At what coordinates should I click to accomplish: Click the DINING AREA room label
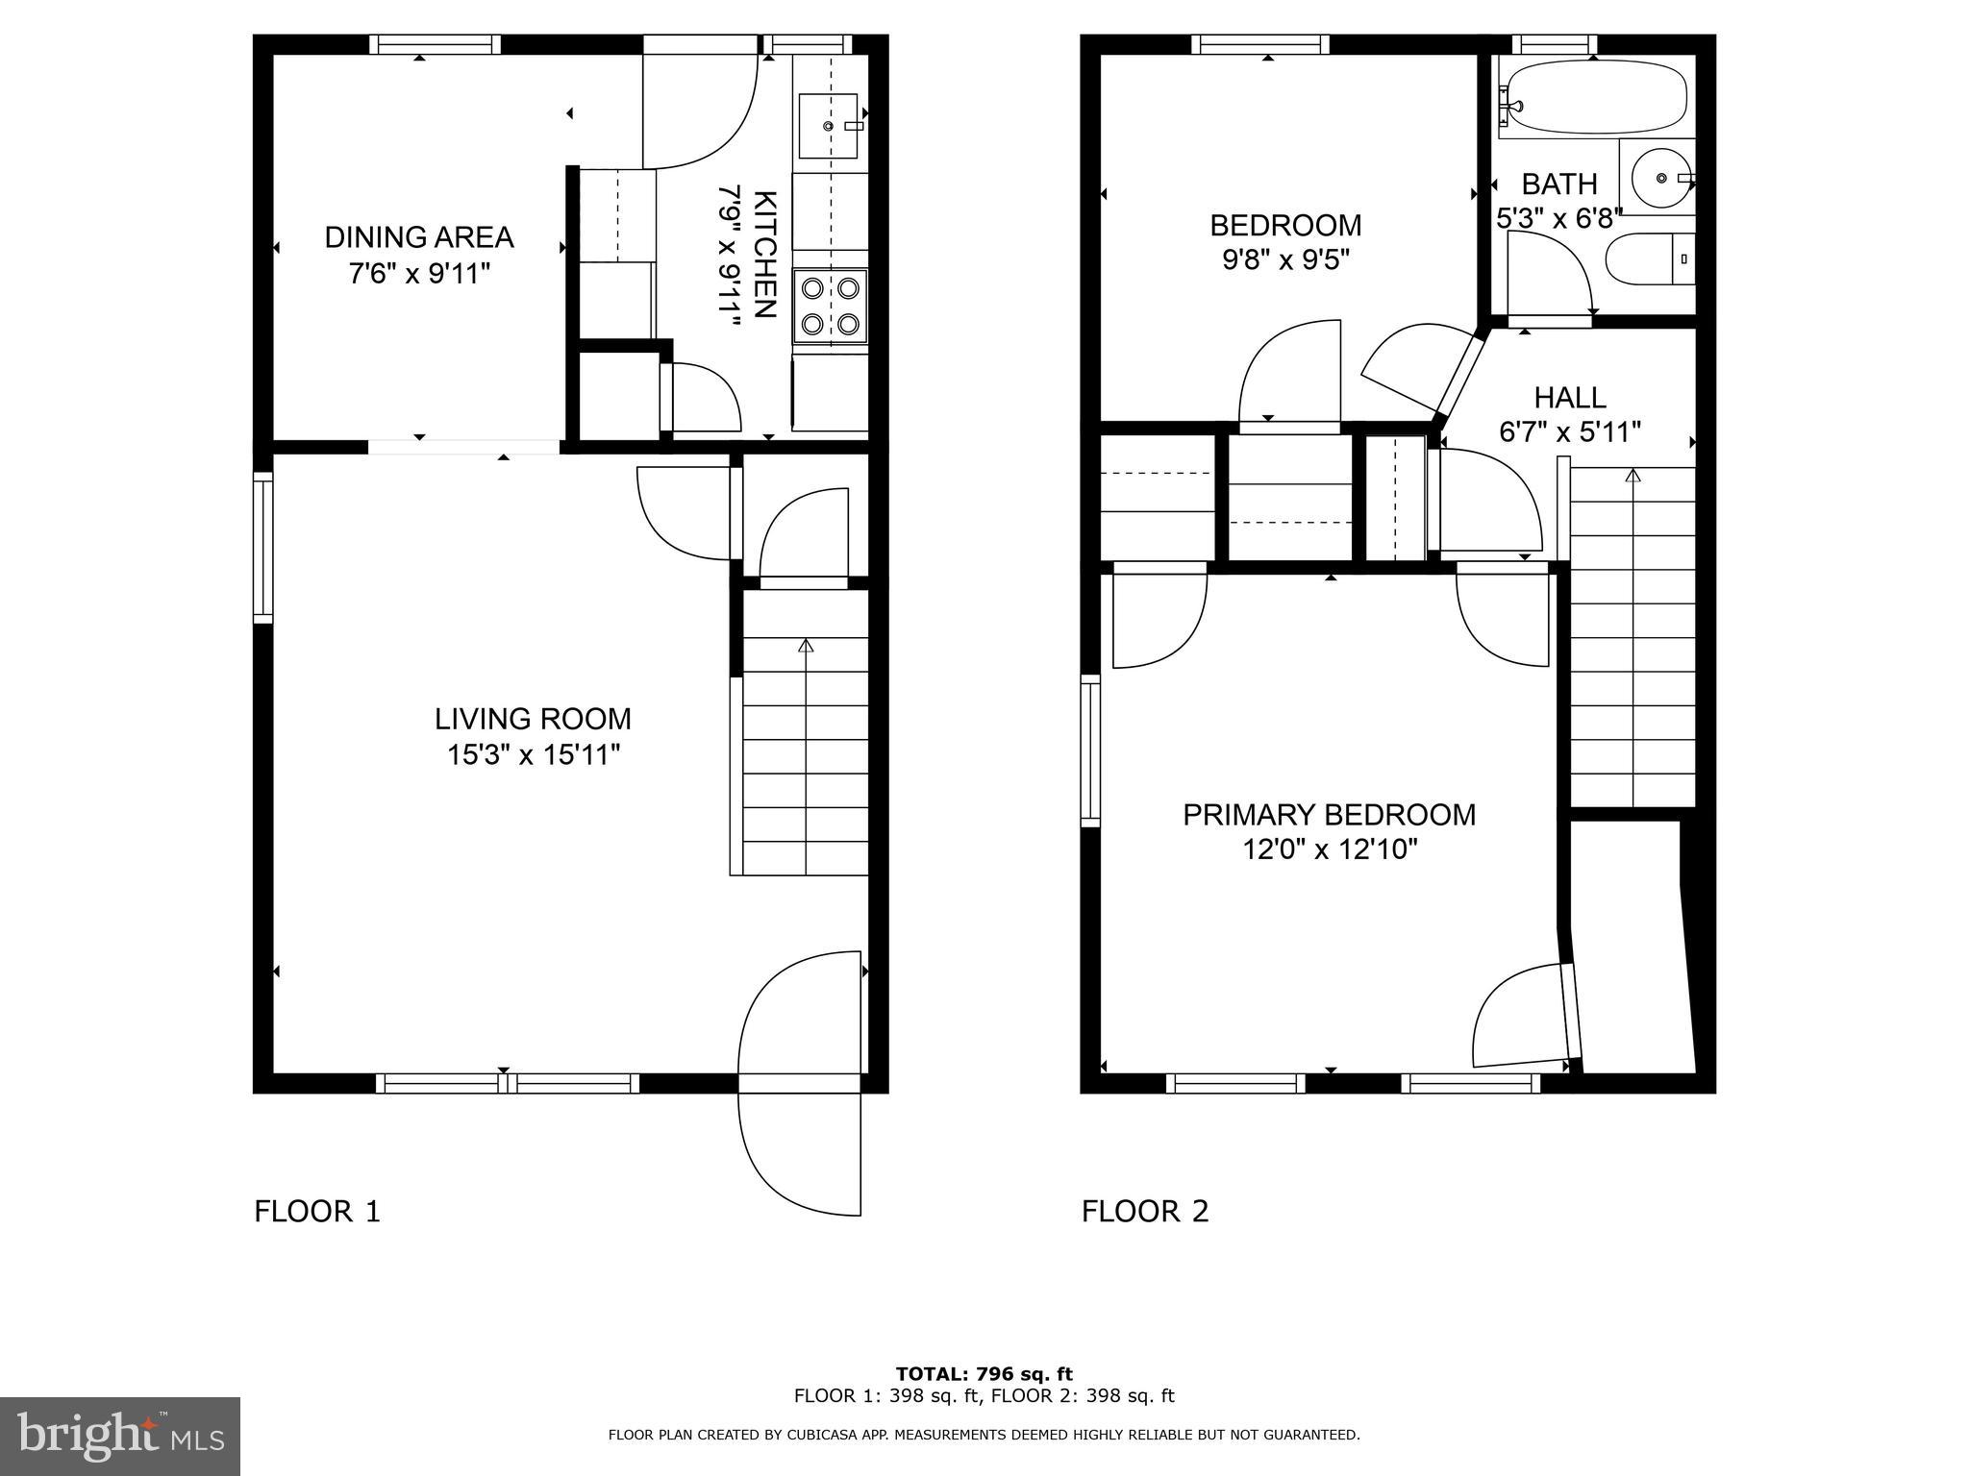click(x=419, y=237)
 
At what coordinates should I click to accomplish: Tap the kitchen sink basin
click(x=827, y=126)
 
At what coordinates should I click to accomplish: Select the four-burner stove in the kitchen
click(x=830, y=307)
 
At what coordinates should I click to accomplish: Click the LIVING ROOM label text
click(x=533, y=719)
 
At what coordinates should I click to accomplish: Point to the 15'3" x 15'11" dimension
click(x=533, y=755)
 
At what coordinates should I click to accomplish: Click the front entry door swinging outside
click(x=798, y=1153)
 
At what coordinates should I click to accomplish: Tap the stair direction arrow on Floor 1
click(x=806, y=646)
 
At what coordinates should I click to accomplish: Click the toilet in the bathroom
click(x=1650, y=258)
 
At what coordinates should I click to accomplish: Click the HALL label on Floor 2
click(x=1569, y=397)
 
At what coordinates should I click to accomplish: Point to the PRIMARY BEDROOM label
click(x=1329, y=815)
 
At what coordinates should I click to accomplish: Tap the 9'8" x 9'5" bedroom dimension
click(x=1285, y=260)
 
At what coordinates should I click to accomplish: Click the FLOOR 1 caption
click(x=317, y=1211)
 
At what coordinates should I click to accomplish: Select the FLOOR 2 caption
click(x=1144, y=1211)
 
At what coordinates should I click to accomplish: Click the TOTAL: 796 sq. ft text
click(x=984, y=1374)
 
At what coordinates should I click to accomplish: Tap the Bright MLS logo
click(x=119, y=1436)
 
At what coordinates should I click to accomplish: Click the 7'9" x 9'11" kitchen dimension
click(x=731, y=255)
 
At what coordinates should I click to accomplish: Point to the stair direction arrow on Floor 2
click(x=1633, y=476)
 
